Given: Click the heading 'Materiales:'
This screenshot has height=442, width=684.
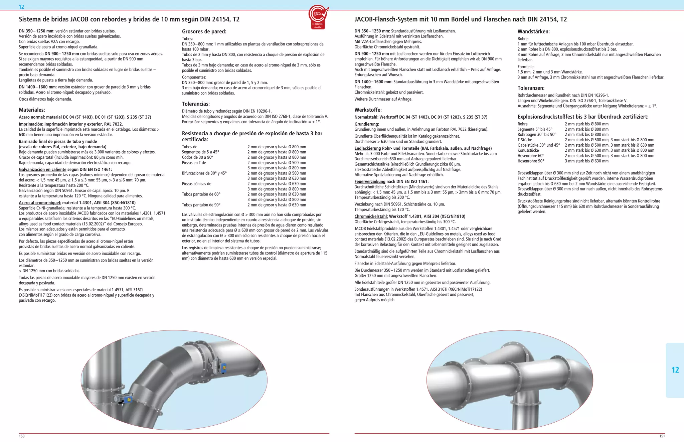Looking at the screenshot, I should click(x=32, y=110).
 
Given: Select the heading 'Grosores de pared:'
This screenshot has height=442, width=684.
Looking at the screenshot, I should click(x=204, y=32).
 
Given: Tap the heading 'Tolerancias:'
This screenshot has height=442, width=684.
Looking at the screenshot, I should click(x=196, y=104).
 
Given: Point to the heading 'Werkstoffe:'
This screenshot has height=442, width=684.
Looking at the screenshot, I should click(x=368, y=110).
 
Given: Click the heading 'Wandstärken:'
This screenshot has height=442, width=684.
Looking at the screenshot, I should click(x=533, y=32).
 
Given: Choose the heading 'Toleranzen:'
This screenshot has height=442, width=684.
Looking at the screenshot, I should click(x=531, y=88).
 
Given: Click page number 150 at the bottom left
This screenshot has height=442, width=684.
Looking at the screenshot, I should click(x=22, y=436).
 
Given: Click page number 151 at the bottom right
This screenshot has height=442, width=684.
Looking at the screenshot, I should click(x=662, y=436).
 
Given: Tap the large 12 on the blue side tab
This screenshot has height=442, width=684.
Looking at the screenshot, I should click(x=675, y=370).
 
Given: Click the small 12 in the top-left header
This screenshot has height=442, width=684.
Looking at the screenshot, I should click(x=21, y=7).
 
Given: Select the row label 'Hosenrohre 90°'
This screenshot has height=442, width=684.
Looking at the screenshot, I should click(x=531, y=161).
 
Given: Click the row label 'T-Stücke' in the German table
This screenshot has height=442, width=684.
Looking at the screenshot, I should click(x=525, y=140).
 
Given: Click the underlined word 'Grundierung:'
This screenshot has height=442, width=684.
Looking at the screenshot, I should click(x=366, y=124).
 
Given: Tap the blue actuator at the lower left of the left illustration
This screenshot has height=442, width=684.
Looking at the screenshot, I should click(x=127, y=399).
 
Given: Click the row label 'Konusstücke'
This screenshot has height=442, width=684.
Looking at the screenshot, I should click(x=528, y=150).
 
